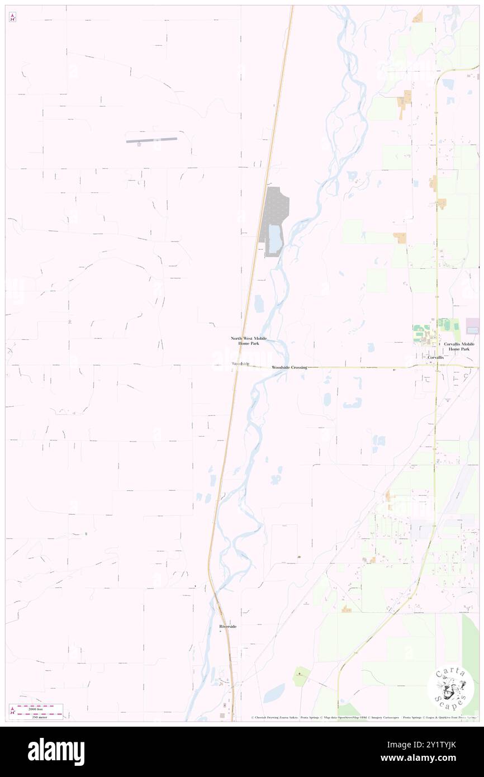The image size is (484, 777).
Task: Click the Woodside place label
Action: point(240,364)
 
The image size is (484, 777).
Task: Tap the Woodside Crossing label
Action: point(289,367)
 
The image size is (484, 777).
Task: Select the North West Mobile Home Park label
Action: point(249,341)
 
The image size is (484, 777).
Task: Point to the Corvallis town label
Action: point(435,357)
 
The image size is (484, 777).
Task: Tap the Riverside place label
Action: point(227,627)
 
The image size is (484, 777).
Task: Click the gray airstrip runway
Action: point(151,140)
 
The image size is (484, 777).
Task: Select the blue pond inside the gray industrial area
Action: point(275,238)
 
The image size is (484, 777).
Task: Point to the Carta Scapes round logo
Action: point(450,688)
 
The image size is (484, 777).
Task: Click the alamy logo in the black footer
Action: point(56,752)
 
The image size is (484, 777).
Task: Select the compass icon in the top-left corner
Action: point(12,17)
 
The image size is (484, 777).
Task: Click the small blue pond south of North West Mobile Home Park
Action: point(259,304)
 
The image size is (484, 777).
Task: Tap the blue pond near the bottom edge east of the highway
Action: point(274,693)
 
